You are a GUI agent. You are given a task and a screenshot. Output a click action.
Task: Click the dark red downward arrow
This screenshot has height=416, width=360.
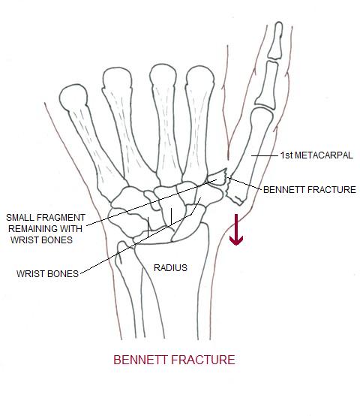click(237, 229)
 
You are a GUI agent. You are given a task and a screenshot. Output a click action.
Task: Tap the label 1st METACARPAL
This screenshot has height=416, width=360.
click(316, 155)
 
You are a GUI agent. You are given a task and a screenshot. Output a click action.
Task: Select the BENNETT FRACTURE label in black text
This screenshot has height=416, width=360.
click(309, 190)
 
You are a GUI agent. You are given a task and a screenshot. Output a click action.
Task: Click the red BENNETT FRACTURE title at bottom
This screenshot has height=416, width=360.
click(174, 360)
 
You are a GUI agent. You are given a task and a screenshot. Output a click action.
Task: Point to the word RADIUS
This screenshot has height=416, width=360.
click(170, 267)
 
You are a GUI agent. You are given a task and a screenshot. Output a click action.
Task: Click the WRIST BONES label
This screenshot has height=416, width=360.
click(47, 273)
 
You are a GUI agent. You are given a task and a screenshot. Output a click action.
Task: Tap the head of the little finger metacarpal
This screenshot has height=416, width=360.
click(74, 98)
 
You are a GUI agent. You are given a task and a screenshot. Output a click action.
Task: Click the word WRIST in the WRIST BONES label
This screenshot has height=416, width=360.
click(30, 273)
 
